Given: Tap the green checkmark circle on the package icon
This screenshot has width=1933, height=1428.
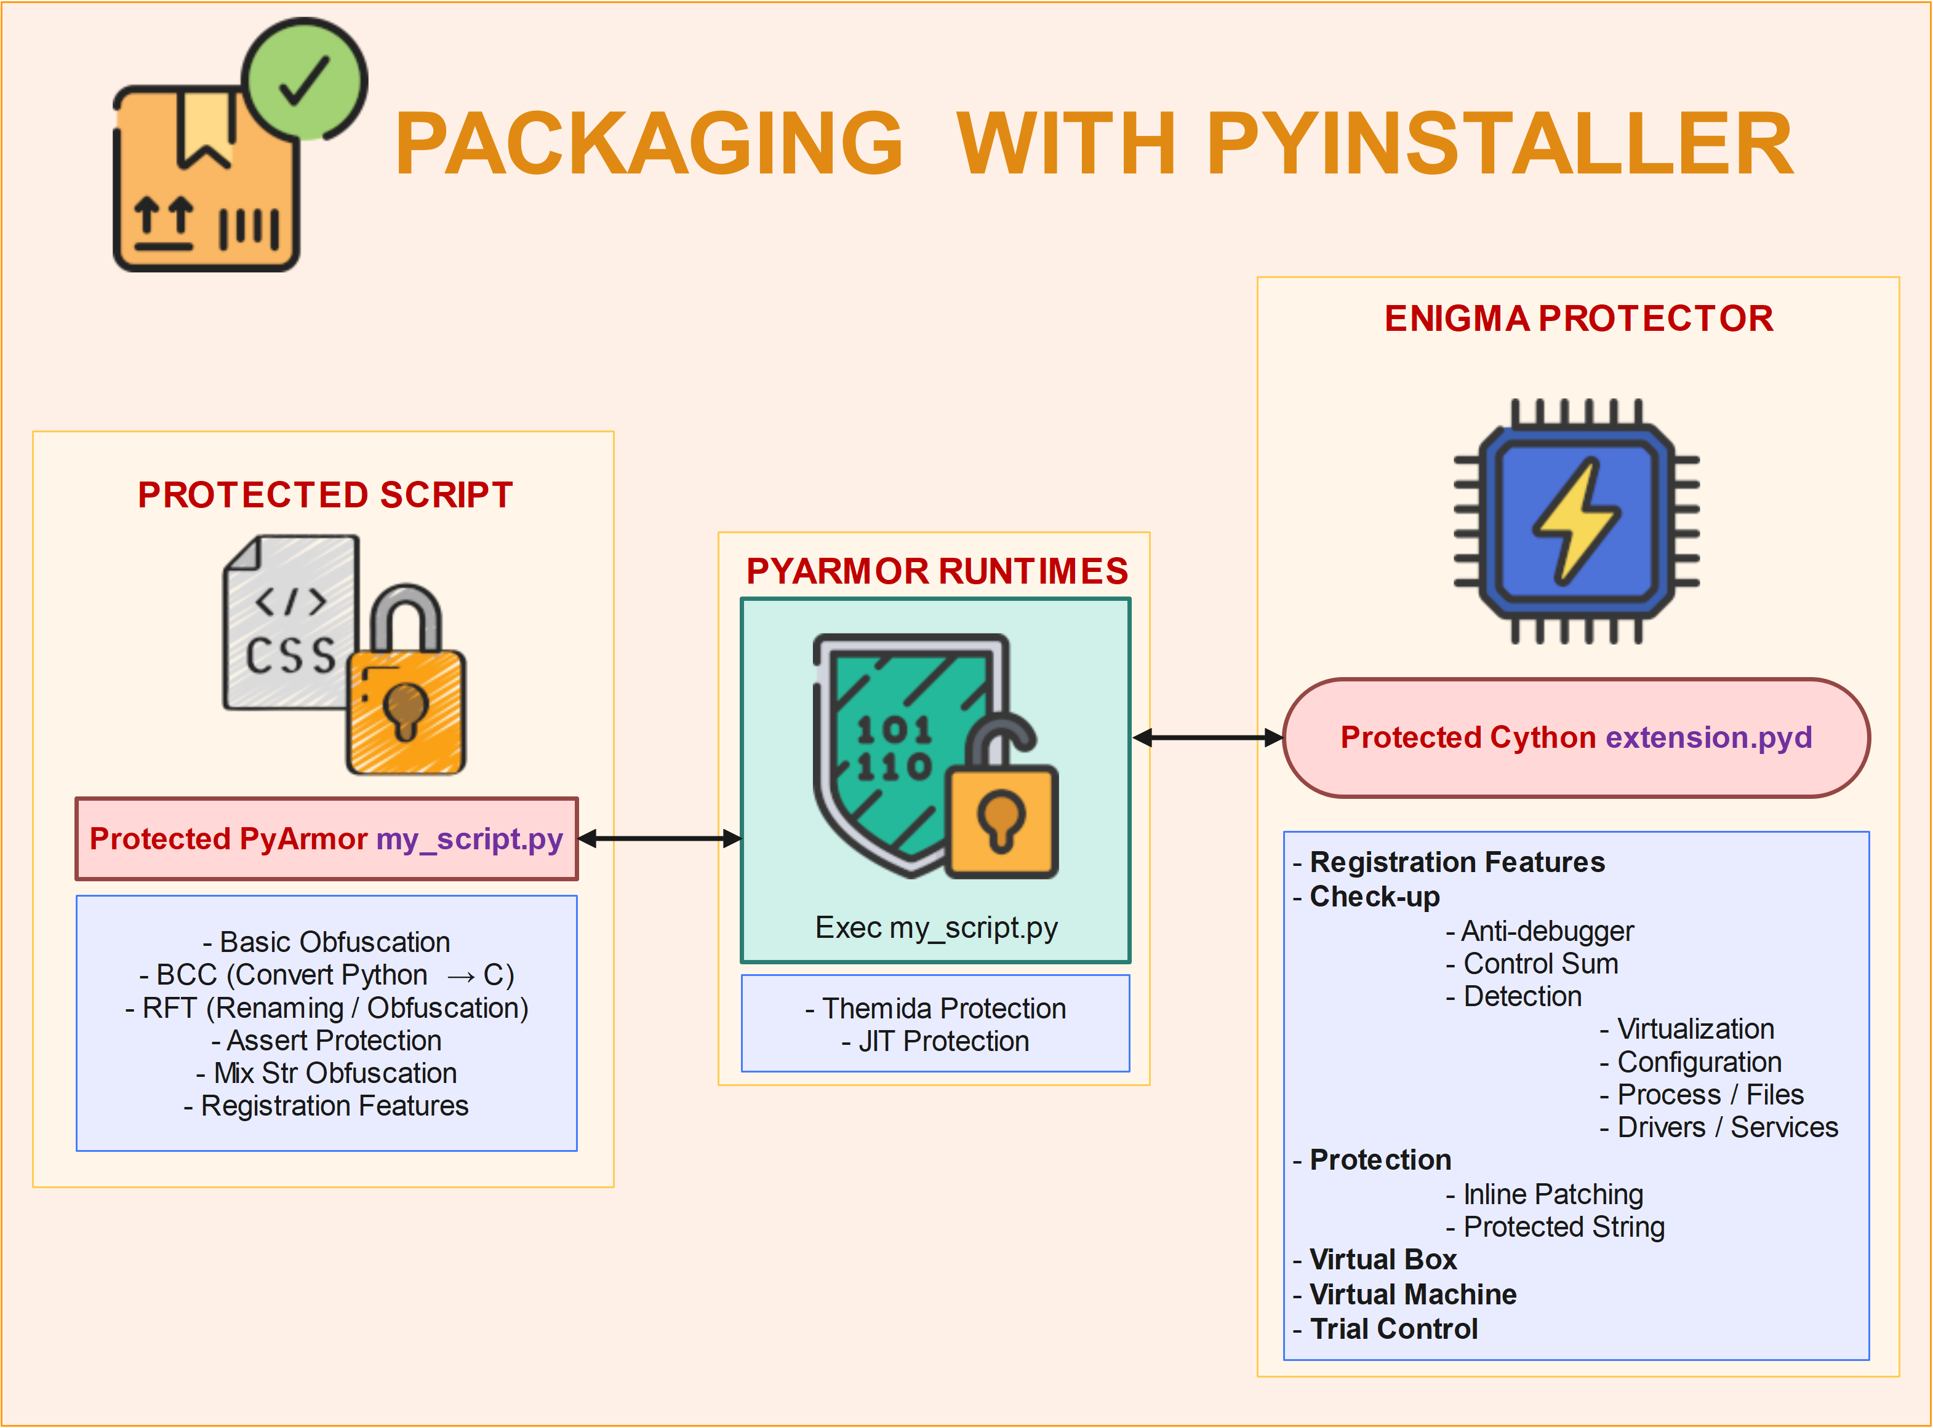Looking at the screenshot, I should pos(305,79).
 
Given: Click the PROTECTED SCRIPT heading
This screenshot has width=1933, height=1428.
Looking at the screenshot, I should pos(325,495).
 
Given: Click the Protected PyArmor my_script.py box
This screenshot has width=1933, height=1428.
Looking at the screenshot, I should pos(326,838).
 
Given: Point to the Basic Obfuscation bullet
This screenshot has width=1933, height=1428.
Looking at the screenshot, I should pos(326,942).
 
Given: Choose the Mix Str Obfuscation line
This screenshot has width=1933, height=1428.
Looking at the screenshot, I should pos(326,1073).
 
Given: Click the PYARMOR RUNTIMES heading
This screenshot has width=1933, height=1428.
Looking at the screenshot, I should pos(937,571).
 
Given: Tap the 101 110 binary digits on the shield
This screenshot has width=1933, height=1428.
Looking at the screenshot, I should pos(894,748).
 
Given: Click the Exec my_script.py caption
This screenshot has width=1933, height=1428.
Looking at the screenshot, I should pos(936,927).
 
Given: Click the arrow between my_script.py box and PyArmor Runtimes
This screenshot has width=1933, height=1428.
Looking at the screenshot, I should pos(659,838).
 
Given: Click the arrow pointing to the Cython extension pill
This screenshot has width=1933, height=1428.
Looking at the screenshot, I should pos(1207,737).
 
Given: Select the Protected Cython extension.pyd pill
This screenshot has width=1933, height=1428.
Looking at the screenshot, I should pos(1576,737).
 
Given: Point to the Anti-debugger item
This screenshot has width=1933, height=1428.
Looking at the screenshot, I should pos(1540,931).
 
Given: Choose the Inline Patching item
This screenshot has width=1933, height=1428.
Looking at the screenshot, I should pos(1545,1194).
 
